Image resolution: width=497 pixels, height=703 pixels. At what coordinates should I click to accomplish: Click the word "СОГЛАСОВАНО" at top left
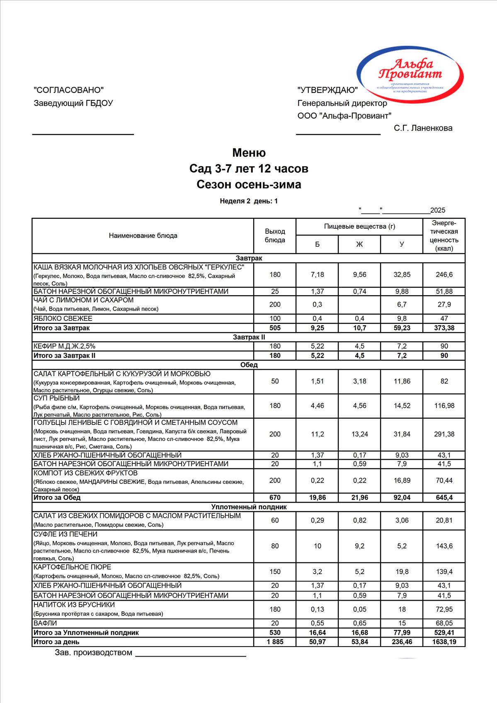point(68,90)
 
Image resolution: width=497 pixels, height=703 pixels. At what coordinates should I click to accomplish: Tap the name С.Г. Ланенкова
point(423,128)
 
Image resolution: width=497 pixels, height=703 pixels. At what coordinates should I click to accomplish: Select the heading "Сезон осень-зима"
point(249,184)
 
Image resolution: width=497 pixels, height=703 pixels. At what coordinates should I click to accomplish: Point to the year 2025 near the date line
point(438,210)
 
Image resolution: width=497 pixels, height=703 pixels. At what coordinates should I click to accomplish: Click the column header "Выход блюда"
point(275,235)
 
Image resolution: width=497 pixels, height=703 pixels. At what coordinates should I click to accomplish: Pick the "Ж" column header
point(359,244)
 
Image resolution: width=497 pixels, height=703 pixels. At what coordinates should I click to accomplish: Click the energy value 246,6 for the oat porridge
point(444,274)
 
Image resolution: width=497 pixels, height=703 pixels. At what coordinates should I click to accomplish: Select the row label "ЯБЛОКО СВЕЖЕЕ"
point(63,318)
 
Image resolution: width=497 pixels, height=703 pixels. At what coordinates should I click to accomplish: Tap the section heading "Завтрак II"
point(249,337)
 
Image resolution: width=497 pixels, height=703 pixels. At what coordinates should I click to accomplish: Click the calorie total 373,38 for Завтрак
point(444,328)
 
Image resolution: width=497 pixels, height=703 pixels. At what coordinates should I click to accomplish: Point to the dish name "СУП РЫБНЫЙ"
point(56,398)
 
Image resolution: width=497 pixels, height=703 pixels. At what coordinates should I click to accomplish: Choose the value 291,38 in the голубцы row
point(444,434)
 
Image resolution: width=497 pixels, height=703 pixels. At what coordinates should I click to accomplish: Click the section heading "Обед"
point(249,365)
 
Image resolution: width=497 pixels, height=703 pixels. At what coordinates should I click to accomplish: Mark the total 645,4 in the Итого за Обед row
point(444,497)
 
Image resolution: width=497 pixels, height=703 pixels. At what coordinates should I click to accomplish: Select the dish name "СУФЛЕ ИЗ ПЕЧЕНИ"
point(65,534)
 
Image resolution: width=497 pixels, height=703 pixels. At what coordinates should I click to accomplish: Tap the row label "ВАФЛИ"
point(45,623)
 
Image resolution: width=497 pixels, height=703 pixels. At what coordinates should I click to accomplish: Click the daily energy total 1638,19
point(444,642)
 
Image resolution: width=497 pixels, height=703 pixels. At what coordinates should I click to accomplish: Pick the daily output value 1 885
point(275,642)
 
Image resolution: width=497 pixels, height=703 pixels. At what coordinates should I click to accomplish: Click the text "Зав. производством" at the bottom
point(94,653)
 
